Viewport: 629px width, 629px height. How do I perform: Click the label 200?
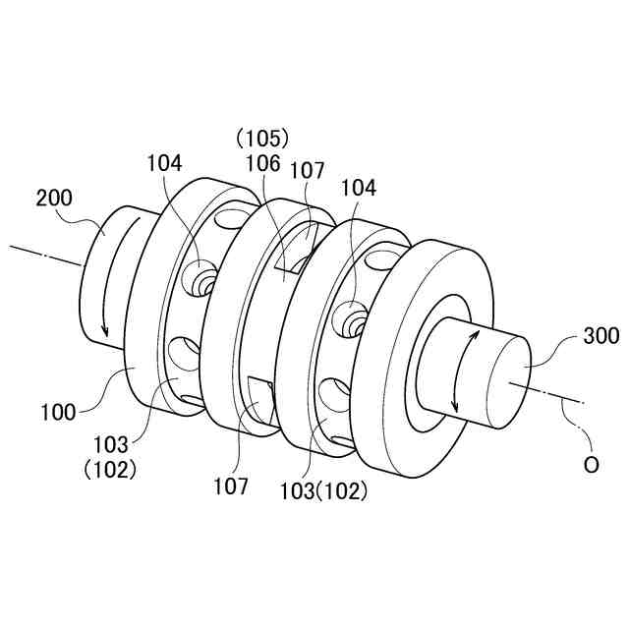click(x=55, y=198)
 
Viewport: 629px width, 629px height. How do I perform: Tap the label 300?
click(x=600, y=337)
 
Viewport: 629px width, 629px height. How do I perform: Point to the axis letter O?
click(x=591, y=466)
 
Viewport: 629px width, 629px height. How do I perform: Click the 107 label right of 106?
click(x=307, y=171)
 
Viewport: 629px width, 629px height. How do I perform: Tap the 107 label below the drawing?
click(x=233, y=485)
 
